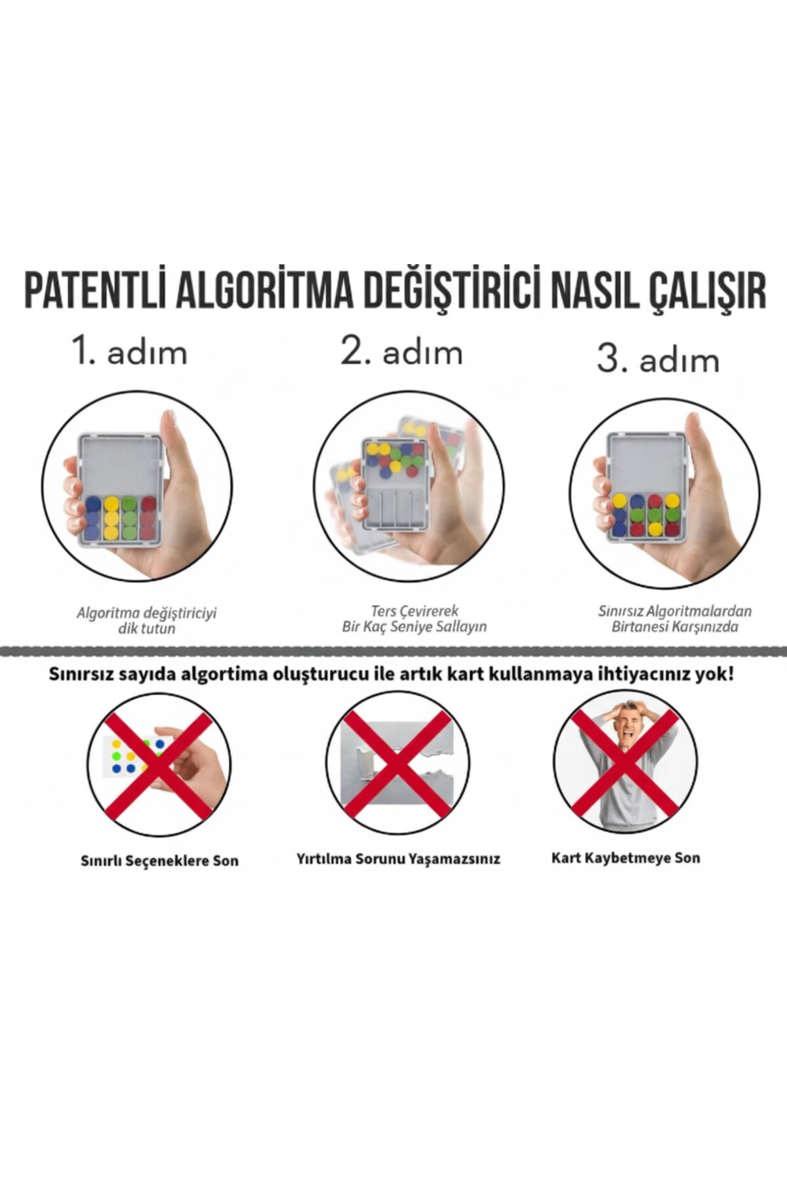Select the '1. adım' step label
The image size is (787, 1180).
(131, 352)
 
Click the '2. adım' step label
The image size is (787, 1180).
(401, 352)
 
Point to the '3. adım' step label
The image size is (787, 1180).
(658, 360)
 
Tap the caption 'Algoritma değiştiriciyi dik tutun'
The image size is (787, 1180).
(146, 621)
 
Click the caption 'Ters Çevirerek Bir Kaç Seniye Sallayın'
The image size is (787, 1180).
(414, 619)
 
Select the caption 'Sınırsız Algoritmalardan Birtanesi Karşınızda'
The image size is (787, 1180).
(675, 619)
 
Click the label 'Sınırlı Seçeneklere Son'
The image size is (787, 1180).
(159, 860)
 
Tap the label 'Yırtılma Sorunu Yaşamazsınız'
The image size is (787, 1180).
(398, 859)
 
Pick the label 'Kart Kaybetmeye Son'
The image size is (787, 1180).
(626, 857)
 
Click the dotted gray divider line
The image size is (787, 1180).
(393, 651)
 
